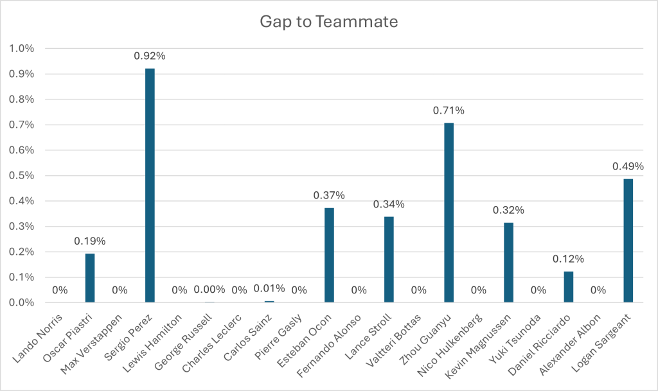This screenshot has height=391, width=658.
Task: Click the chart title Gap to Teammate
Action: pyautogui.click(x=328, y=22)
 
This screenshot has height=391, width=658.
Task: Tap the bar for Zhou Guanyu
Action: pyautogui.click(x=449, y=212)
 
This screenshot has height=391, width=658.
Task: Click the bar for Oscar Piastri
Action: pyautogui.click(x=90, y=277)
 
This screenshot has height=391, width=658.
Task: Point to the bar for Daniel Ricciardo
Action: pyautogui.click(x=568, y=286)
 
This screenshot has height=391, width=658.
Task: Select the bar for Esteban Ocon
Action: pyautogui.click(x=329, y=255)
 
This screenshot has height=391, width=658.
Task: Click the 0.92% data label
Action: pyautogui.click(x=150, y=56)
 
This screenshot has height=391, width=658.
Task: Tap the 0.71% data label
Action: pyautogui.click(x=449, y=110)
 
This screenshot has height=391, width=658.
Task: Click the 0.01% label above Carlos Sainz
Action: pyautogui.click(x=269, y=290)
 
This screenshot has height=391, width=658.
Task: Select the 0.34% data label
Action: pyautogui.click(x=389, y=205)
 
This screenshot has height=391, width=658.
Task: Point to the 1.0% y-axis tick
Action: pyautogui.click(x=22, y=49)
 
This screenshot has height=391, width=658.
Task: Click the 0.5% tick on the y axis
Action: pyautogui.click(x=22, y=175)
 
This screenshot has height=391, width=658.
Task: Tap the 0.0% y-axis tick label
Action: pyautogui.click(x=22, y=302)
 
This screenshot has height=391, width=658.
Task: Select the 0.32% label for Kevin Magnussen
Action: pyautogui.click(x=508, y=210)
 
